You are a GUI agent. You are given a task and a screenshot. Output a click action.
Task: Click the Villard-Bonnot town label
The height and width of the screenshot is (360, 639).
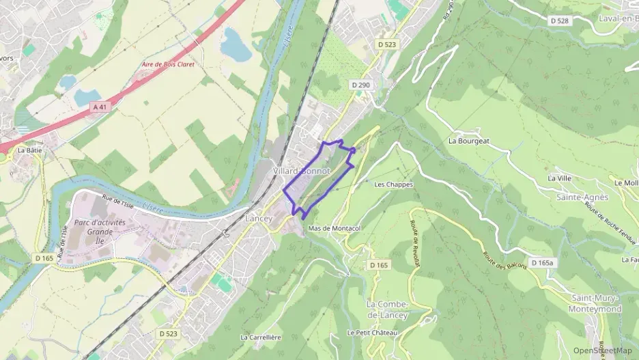point(302,169)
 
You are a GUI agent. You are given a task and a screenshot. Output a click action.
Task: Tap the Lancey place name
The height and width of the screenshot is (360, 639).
point(259,219)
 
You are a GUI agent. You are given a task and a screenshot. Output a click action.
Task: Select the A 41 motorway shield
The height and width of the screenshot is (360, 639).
point(100,107)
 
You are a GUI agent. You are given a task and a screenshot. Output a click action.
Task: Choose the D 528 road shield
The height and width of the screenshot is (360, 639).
point(560,21)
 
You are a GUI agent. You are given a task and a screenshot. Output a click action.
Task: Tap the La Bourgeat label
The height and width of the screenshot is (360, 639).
point(469,141)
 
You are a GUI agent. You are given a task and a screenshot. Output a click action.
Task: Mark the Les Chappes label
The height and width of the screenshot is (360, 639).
point(394,184)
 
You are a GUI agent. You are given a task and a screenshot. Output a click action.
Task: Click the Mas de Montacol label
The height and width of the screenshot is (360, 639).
point(334,228)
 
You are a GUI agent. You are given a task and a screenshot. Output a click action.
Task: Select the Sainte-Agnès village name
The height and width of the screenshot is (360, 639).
point(582,197)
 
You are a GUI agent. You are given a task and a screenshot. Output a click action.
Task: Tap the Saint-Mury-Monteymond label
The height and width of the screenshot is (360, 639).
point(596,303)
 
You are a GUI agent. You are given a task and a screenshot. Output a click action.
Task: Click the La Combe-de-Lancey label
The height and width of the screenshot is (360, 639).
point(387,309)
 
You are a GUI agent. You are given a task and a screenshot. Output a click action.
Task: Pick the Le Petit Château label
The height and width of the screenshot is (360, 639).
point(371,333)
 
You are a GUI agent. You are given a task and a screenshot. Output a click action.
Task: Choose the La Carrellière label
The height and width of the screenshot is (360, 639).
point(261,337)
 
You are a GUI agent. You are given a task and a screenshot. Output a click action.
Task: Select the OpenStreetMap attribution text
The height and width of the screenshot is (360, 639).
point(603,350)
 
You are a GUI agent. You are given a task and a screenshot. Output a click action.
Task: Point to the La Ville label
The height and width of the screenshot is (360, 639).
point(559,178)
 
